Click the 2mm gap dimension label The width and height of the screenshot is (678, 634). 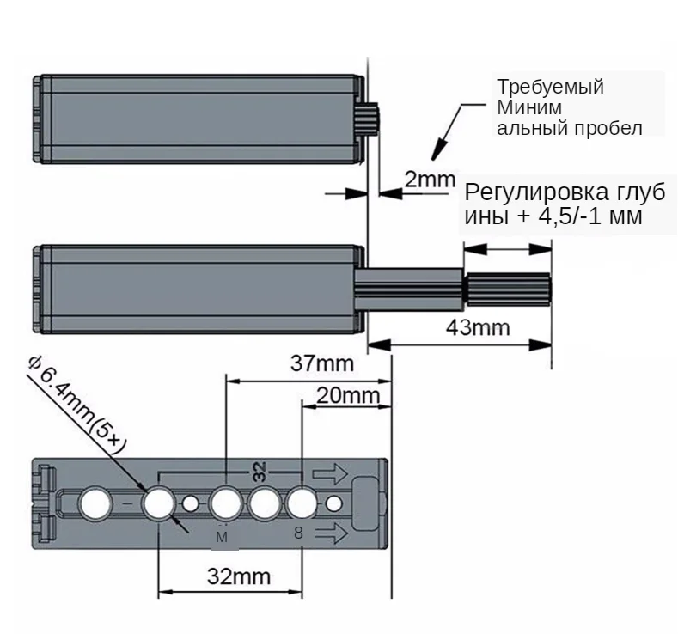pyautogui.click(x=428, y=180)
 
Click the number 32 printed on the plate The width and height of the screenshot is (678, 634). pyautogui.click(x=260, y=470)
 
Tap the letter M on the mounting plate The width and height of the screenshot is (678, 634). pyautogui.click(x=222, y=537)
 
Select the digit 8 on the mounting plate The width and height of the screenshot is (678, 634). pyautogui.click(x=298, y=533)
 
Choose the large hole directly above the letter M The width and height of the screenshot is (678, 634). pyautogui.click(x=226, y=503)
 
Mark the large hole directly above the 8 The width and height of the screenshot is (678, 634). pyautogui.click(x=302, y=503)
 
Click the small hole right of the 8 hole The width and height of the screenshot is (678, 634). pyautogui.click(x=334, y=503)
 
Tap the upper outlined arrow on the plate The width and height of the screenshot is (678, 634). pyautogui.click(x=329, y=472)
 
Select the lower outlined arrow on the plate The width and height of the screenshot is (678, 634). pyautogui.click(x=329, y=533)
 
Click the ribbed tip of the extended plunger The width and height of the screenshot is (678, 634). pyautogui.click(x=507, y=290)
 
